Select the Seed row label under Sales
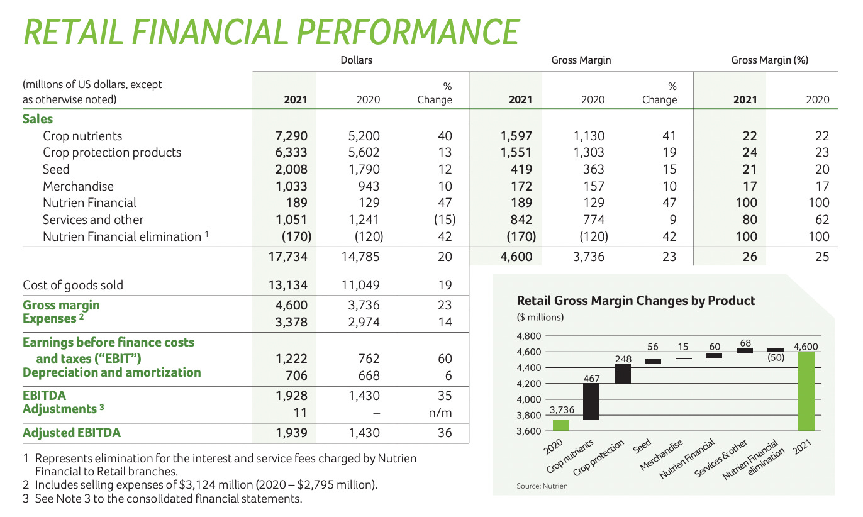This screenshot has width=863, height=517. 56,169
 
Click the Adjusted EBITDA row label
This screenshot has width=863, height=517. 72,433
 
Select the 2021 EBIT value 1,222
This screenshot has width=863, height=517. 293,359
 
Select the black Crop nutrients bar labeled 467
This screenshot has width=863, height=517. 591,401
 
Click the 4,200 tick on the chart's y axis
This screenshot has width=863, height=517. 528,384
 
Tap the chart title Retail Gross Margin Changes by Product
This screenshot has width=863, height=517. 635,301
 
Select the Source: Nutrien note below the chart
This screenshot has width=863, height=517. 542,486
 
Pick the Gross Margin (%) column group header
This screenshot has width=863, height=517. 769,60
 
